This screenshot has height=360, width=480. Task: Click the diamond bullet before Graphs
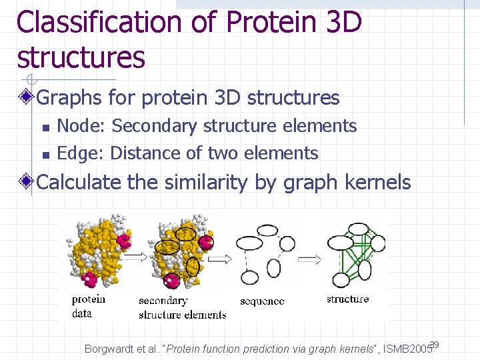(27, 98)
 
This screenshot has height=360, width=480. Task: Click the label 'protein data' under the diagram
(89, 306)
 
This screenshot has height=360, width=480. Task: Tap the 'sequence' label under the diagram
(262, 301)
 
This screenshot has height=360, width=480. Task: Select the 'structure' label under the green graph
(347, 299)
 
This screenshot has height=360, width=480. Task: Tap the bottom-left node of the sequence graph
(249, 277)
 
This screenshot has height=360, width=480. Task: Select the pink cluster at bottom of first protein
(90, 279)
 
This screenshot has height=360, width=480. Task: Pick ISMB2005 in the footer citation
(406, 349)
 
